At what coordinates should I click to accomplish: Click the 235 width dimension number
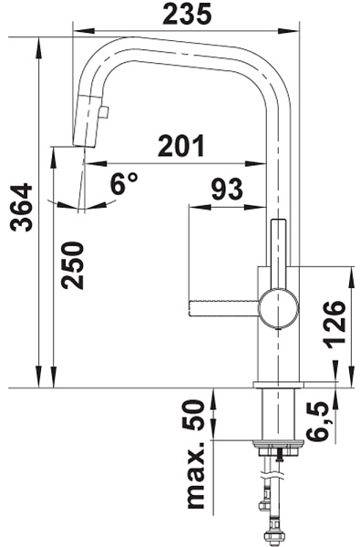point(187,15)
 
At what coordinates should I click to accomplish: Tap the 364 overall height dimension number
point(22,207)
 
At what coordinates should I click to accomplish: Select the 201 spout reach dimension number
point(181,146)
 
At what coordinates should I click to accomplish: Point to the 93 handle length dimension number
point(227,189)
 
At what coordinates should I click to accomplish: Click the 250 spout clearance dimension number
point(73,265)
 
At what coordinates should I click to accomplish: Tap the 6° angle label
point(124,183)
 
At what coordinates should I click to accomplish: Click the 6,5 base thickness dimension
point(318,420)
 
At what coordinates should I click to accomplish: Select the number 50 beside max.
point(193,415)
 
